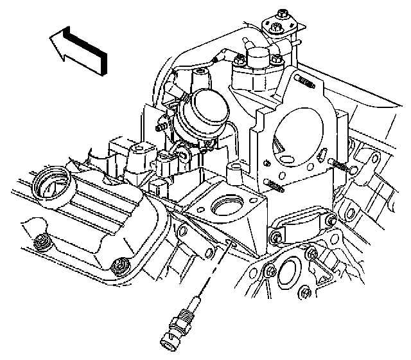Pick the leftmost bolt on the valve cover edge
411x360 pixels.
pos(42,243)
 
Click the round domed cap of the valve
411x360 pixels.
pos(207,110)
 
